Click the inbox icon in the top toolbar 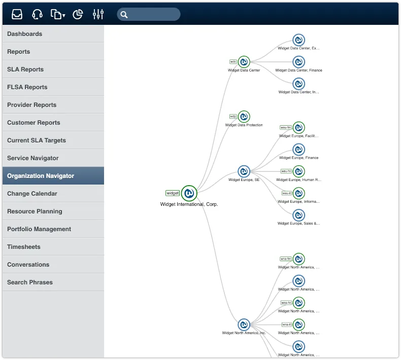(x=17, y=14)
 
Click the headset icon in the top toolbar (x=37, y=14)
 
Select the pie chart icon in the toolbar (x=78, y=14)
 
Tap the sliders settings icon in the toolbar (x=98, y=14)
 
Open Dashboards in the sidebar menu (x=53, y=34)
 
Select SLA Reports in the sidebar (x=53, y=69)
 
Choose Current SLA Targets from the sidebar (x=53, y=140)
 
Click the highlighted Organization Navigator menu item (x=53, y=176)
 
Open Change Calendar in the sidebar (x=53, y=194)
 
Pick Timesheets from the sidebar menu (x=53, y=247)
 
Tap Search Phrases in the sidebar (x=53, y=282)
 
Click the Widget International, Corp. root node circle (x=189, y=193)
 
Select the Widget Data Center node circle (x=244, y=62)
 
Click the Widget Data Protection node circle (x=244, y=117)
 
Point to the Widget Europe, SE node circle (x=244, y=171)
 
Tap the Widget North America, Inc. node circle (x=244, y=325)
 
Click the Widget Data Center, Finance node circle (x=299, y=62)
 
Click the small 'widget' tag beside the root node (x=173, y=193)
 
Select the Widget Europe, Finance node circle (x=299, y=150)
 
